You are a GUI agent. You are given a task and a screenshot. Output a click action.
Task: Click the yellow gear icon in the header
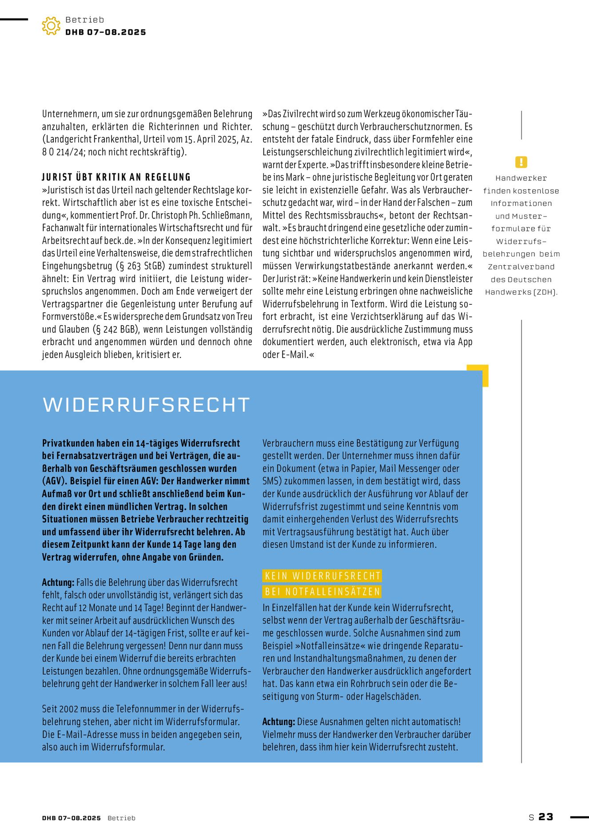coord(51,26)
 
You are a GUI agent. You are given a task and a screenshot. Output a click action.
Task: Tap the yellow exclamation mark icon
coord(521,162)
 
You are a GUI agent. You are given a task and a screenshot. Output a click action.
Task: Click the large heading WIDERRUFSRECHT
coord(146,405)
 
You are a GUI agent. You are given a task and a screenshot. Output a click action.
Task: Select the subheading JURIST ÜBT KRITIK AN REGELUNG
coord(116,177)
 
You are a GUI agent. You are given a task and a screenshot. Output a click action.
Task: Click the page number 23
coord(546,817)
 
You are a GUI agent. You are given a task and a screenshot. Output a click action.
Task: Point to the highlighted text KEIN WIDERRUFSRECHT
coord(322,576)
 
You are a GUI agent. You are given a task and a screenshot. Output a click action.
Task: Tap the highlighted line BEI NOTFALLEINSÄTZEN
coord(322,592)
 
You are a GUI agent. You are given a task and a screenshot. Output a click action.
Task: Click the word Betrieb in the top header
coord(85,20)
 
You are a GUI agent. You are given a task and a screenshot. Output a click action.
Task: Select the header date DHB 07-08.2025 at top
coord(106,32)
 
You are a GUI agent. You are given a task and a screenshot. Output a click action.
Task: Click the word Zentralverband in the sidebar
coord(521,267)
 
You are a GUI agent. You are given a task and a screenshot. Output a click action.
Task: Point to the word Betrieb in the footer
coord(121,818)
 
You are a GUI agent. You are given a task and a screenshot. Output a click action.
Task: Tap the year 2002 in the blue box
coord(69,709)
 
